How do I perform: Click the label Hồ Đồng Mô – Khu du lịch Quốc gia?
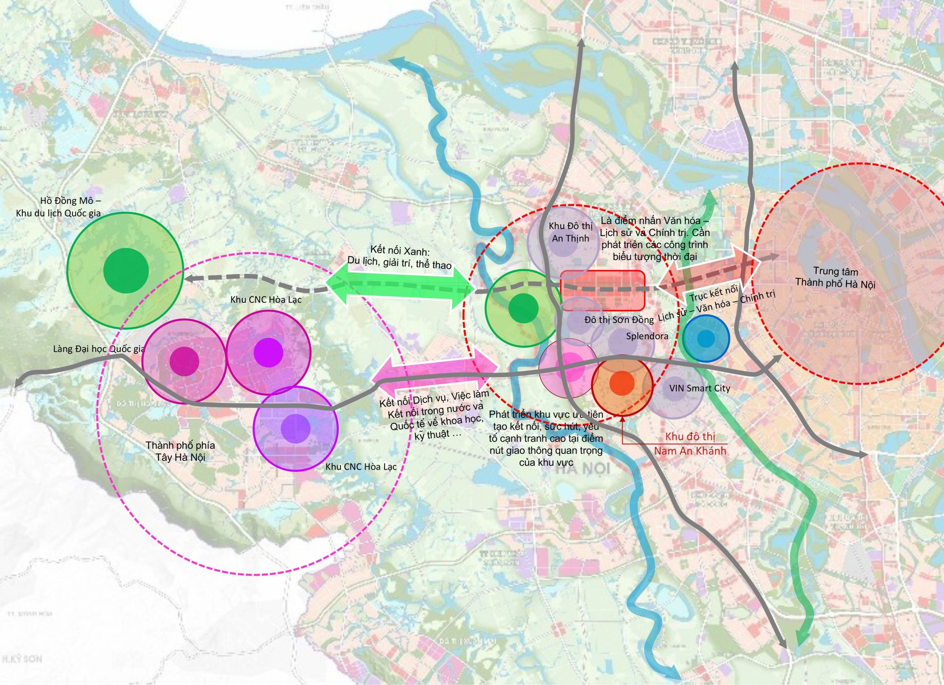click(58, 207)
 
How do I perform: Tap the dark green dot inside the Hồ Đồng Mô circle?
click(126, 270)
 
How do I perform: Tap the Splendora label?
click(647, 336)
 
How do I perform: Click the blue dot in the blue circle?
click(705, 338)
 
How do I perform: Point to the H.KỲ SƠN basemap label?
click(22, 659)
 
